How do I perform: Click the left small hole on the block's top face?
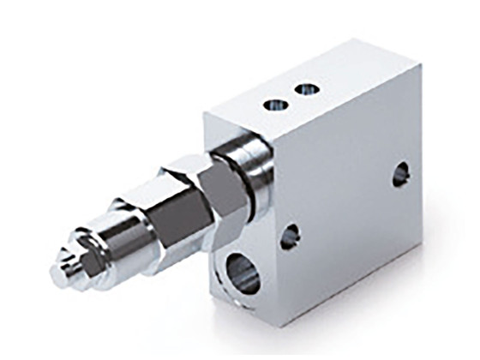(276, 104)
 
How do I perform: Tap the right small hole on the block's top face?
(304, 88)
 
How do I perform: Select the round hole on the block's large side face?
(400, 175)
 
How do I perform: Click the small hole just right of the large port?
(290, 236)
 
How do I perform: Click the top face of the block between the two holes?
(291, 96)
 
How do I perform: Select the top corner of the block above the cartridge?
(206, 113)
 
